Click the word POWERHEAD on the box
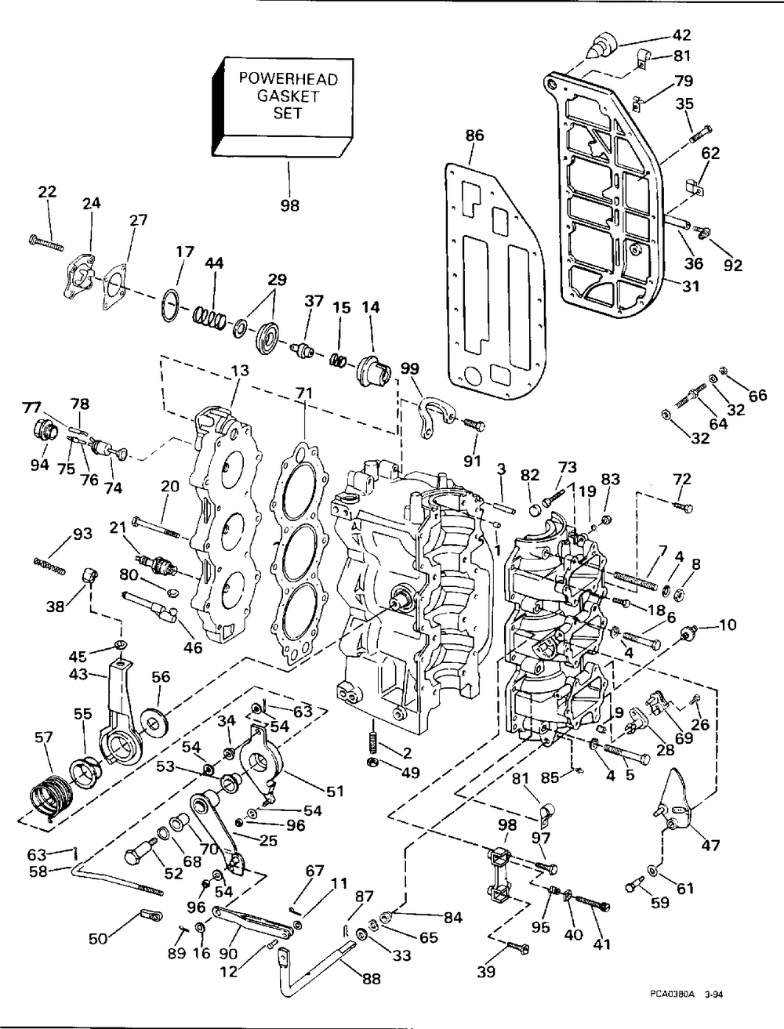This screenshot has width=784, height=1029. [288, 78]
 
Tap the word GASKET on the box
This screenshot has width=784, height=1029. [288, 96]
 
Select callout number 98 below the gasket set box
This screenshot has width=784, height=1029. [289, 205]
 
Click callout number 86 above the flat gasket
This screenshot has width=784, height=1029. [474, 136]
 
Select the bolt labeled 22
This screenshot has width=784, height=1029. [45, 243]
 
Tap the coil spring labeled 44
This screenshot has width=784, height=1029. [209, 318]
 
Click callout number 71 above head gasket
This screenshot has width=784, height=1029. [304, 393]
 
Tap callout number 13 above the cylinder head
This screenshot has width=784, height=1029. [240, 371]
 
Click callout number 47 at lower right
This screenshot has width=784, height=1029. [710, 846]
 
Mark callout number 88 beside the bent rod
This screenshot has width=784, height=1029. [372, 979]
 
